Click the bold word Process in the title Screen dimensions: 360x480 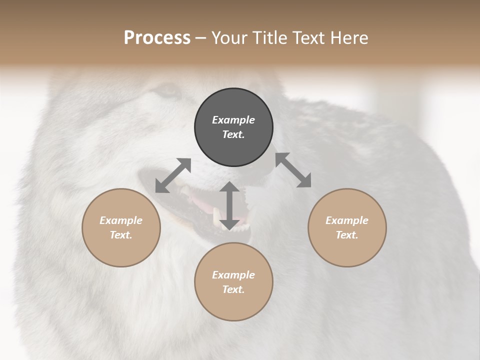click(x=157, y=38)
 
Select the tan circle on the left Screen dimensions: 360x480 click(x=121, y=227)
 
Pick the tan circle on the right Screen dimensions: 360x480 click(x=347, y=227)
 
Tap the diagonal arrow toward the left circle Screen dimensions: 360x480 click(x=173, y=175)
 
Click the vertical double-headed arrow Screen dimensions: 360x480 click(x=229, y=205)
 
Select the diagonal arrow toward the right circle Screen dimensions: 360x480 click(x=293, y=170)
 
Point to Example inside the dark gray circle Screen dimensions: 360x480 click(x=233, y=120)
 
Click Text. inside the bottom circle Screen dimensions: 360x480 click(x=233, y=289)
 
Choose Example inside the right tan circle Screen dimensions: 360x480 click(x=347, y=220)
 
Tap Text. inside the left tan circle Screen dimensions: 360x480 click(x=121, y=235)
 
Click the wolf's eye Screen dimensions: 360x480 click(x=167, y=91)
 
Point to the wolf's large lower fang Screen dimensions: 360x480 click(x=216, y=216)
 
